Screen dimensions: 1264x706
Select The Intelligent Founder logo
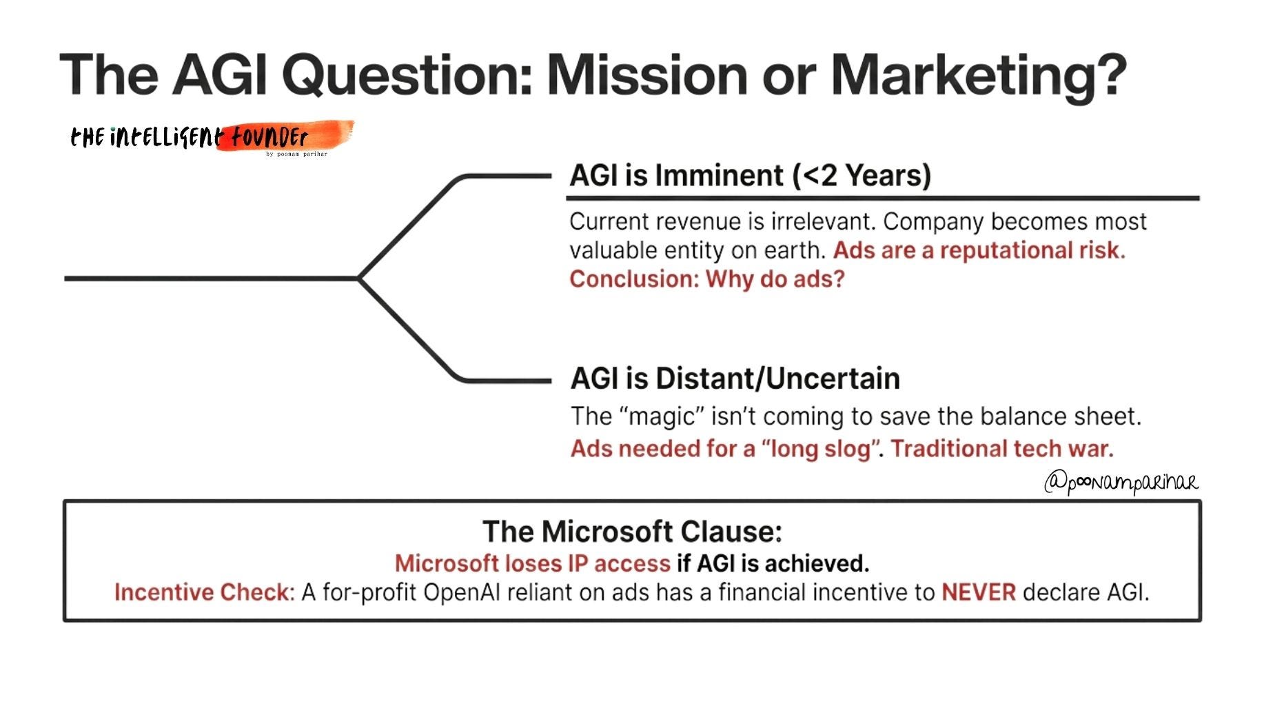(212, 138)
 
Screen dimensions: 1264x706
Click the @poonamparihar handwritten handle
(1121, 483)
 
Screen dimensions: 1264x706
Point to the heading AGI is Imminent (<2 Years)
(751, 176)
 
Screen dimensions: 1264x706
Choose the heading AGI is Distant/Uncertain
(735, 379)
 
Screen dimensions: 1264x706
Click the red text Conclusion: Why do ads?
(707, 279)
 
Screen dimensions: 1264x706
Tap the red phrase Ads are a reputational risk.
(979, 250)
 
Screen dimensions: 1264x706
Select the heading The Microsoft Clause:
(632, 532)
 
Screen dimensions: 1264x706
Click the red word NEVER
(979, 592)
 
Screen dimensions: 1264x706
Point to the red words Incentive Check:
(205, 592)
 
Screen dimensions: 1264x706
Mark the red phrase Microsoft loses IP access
(533, 564)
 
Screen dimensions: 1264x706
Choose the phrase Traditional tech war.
(1002, 449)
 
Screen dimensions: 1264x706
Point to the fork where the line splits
(359, 279)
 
